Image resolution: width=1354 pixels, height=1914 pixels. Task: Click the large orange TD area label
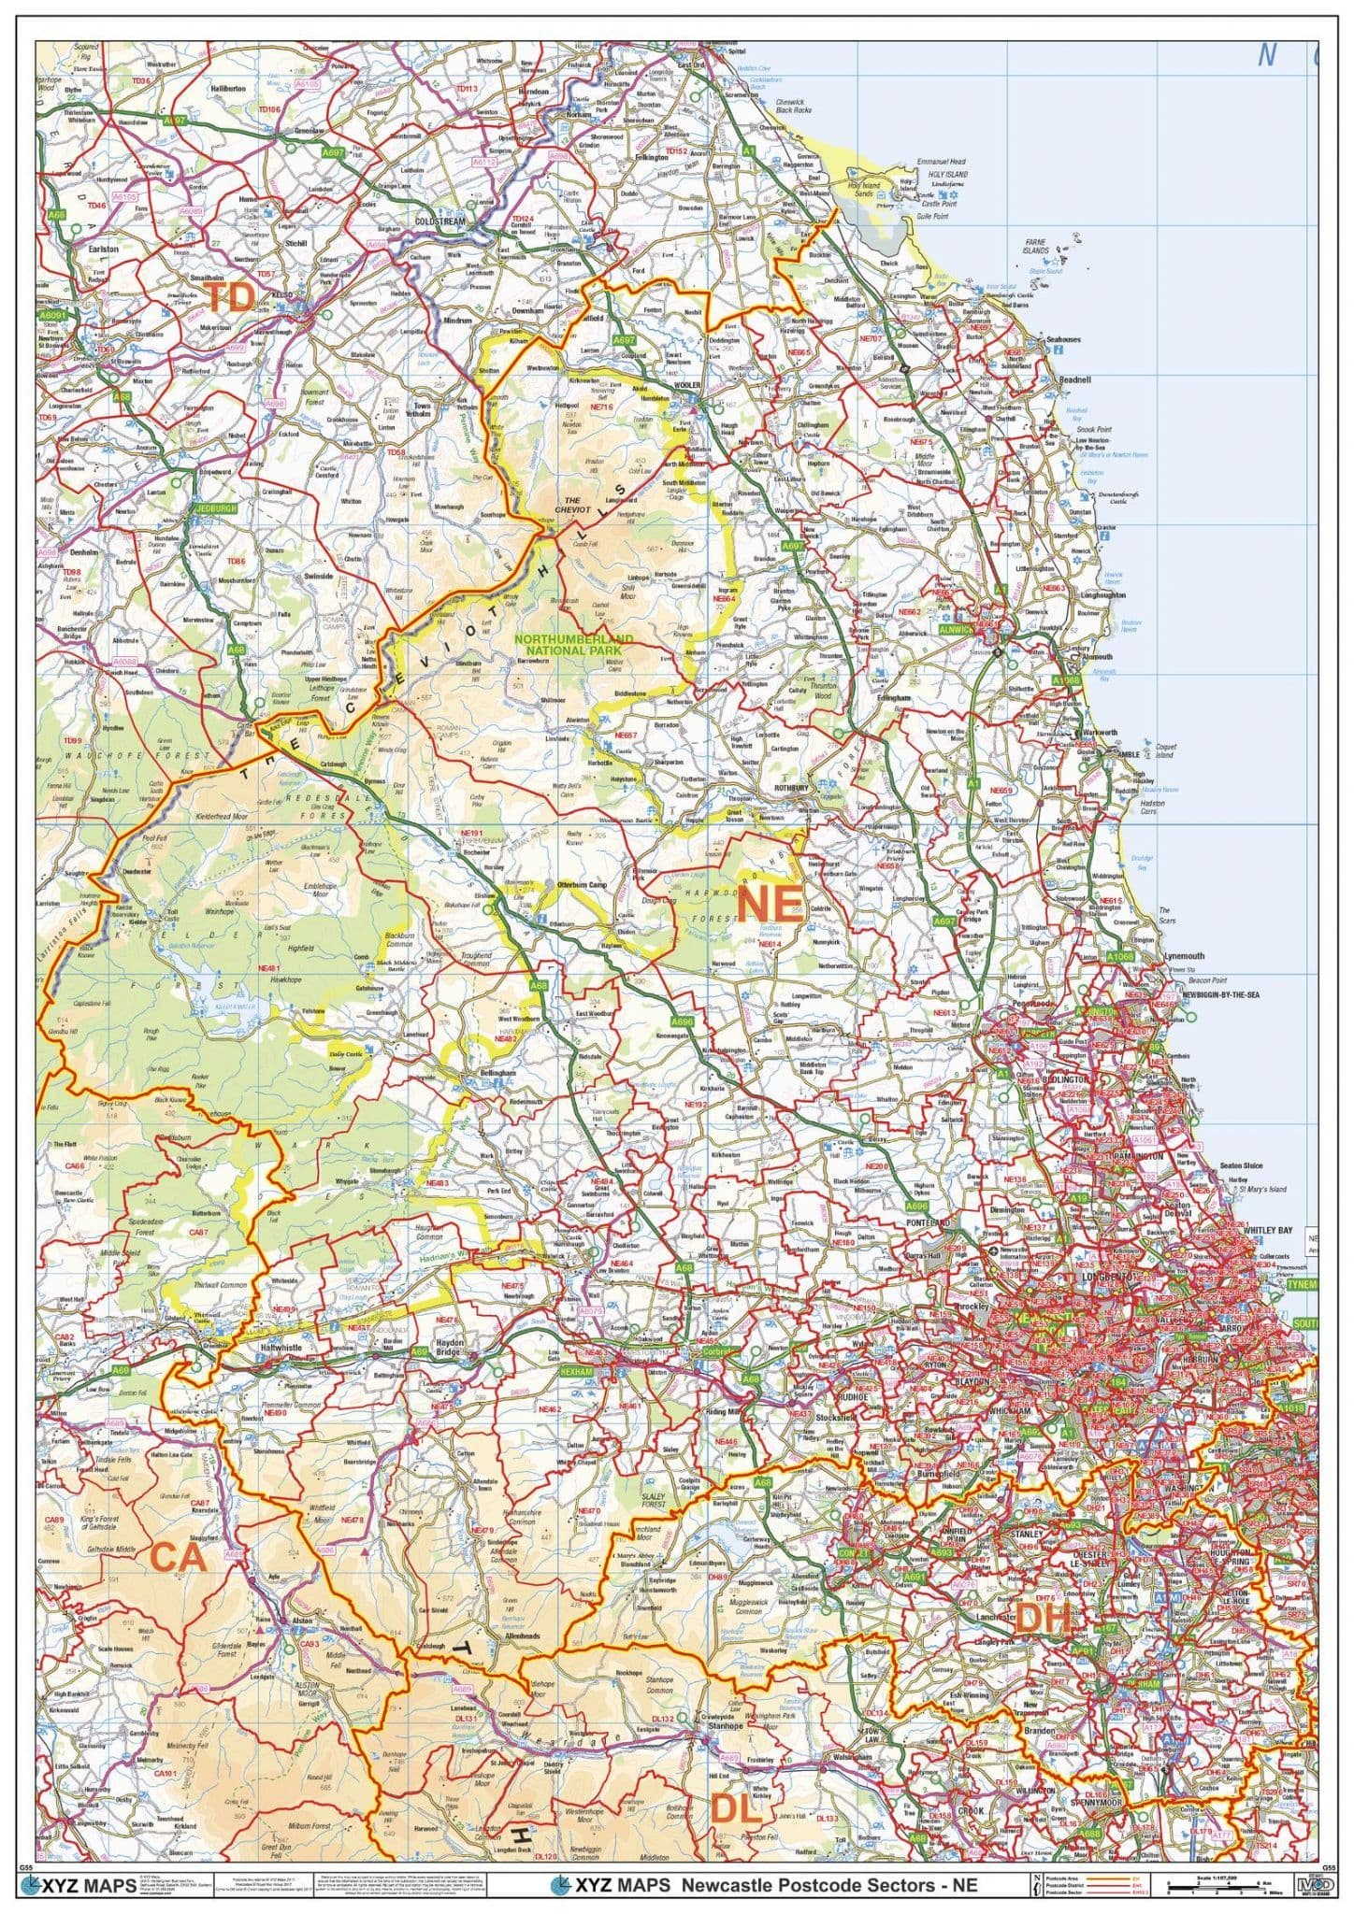(231, 299)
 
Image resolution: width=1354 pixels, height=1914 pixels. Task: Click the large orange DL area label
(735, 1809)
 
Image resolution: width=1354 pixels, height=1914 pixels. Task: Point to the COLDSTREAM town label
(439, 221)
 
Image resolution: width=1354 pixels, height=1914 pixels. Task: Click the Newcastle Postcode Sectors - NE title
(829, 1885)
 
